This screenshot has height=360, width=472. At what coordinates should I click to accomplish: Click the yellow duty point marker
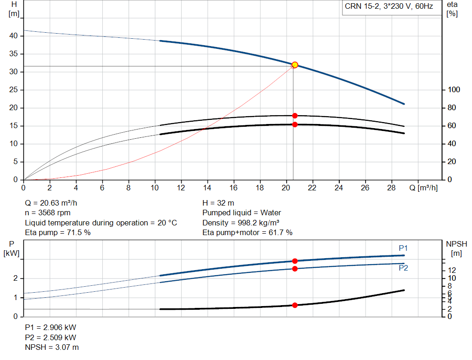click(295, 65)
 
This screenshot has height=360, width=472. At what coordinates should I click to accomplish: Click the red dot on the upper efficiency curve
click(295, 116)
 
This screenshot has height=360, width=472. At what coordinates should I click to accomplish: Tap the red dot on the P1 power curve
click(295, 261)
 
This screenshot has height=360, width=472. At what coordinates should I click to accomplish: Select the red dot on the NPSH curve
click(295, 305)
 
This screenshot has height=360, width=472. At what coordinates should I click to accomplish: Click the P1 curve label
click(403, 248)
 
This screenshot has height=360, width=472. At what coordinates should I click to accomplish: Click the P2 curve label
click(403, 268)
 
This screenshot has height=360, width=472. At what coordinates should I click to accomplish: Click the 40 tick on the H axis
click(13, 35)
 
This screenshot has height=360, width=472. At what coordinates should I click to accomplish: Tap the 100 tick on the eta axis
click(454, 89)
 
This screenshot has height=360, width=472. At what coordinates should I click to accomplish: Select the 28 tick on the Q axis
click(391, 188)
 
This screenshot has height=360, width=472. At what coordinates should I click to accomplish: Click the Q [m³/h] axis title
click(424, 188)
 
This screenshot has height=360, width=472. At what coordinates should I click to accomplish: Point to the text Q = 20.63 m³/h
click(51, 203)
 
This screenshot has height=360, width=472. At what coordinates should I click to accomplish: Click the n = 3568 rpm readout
click(47, 213)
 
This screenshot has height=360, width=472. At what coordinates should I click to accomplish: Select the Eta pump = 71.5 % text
click(58, 232)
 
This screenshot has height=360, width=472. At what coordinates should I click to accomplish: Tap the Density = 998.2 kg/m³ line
click(241, 223)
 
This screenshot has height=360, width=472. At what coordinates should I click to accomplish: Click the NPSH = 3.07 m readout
click(52, 347)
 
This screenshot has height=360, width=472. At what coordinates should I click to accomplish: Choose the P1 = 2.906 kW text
click(51, 327)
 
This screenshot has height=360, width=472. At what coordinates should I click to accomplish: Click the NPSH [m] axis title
click(456, 248)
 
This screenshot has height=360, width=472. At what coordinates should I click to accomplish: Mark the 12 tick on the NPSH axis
click(452, 270)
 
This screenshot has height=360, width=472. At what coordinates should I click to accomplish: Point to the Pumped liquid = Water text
click(242, 213)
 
